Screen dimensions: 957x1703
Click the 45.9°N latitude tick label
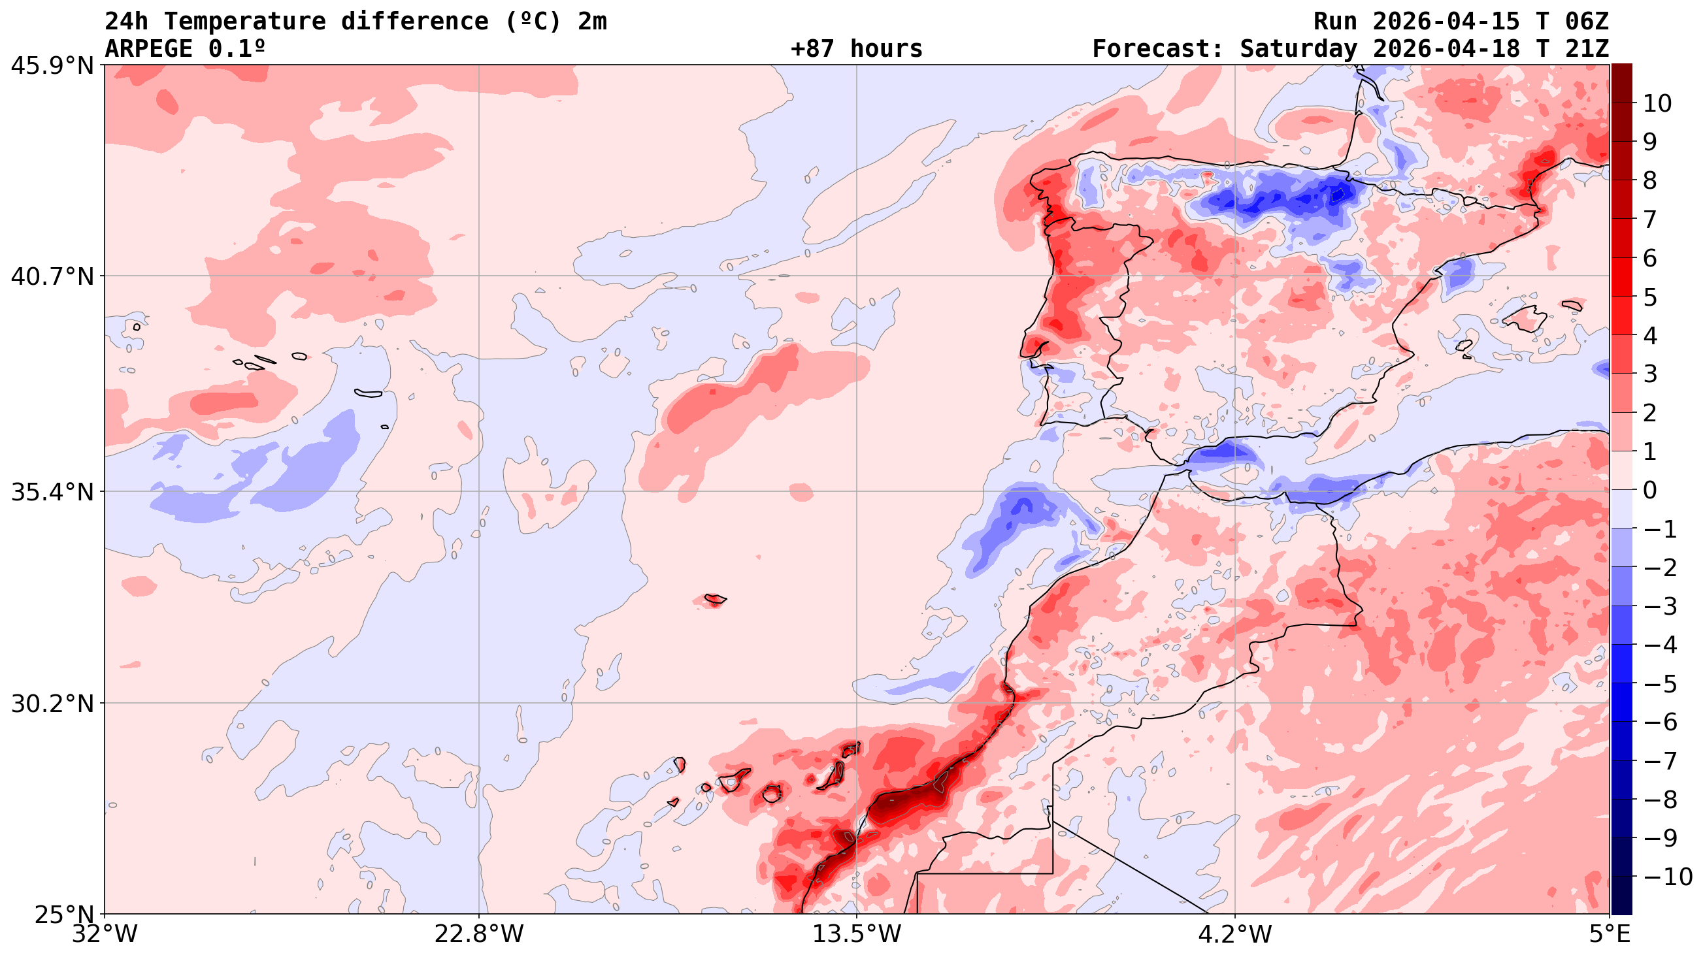(x=52, y=65)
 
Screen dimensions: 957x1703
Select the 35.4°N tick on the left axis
(x=52, y=492)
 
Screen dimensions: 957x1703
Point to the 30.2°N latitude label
(x=52, y=704)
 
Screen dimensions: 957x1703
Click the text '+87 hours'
(x=856, y=49)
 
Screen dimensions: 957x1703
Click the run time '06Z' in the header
(x=1586, y=21)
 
